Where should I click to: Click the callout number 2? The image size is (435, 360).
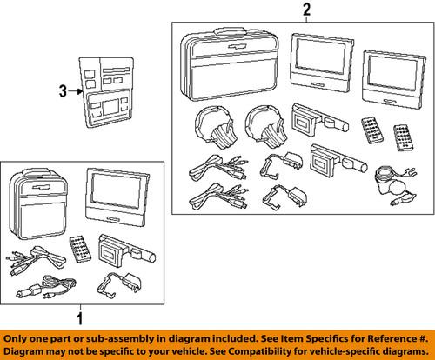point(304,11)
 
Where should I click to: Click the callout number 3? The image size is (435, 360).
point(61,90)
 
